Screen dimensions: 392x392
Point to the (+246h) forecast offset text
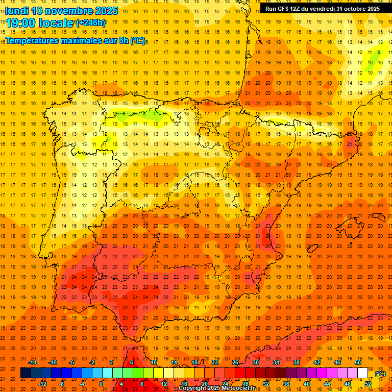point(91,23)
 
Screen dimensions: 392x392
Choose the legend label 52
point(368,384)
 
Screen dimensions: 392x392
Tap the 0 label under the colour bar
point(101,384)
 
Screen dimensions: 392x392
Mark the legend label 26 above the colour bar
point(235,362)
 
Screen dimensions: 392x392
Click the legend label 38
point(297,362)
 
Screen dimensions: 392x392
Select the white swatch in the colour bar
point(363,373)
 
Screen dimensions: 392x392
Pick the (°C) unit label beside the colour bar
point(380,374)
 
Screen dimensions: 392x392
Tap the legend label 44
point(327,384)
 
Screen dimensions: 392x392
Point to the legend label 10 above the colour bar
point(154,362)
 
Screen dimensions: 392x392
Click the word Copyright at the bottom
point(193,388)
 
